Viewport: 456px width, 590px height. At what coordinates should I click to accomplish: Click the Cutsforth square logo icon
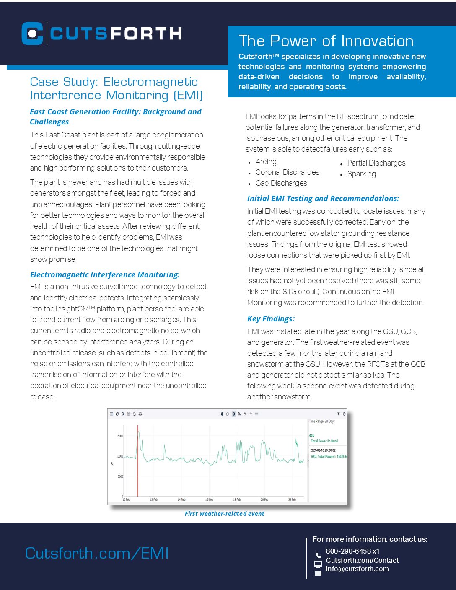[x=32, y=34]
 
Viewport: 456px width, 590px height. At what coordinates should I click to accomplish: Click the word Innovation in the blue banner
[x=377, y=41]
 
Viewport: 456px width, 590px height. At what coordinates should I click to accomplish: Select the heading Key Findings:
[x=271, y=319]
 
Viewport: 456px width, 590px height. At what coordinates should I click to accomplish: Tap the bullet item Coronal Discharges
[x=287, y=172]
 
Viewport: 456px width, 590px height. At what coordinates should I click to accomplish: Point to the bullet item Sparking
[x=361, y=174]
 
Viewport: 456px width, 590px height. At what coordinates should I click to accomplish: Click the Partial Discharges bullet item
[x=376, y=163]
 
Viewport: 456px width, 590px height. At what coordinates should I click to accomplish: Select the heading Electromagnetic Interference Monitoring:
[x=105, y=275]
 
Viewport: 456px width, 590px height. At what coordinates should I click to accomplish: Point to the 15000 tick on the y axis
[x=119, y=436]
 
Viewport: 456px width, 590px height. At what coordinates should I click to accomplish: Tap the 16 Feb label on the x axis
[x=209, y=499]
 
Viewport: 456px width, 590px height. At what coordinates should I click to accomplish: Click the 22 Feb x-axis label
[x=292, y=499]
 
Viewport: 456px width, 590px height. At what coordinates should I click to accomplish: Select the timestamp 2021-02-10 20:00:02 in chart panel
[x=323, y=450]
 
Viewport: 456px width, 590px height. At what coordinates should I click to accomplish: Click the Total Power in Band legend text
[x=324, y=441]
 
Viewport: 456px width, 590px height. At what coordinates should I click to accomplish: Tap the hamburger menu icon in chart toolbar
[x=111, y=414]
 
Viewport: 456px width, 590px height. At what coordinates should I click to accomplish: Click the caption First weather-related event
[x=224, y=514]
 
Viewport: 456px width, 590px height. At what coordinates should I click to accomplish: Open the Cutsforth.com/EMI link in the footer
[x=97, y=554]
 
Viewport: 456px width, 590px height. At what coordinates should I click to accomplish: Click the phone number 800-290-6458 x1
[x=352, y=551]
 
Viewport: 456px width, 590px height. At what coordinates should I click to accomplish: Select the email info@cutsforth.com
[x=357, y=569]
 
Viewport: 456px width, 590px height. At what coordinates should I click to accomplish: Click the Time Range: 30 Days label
[x=322, y=422]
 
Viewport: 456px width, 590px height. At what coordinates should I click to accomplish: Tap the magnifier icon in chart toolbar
[x=123, y=414]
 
